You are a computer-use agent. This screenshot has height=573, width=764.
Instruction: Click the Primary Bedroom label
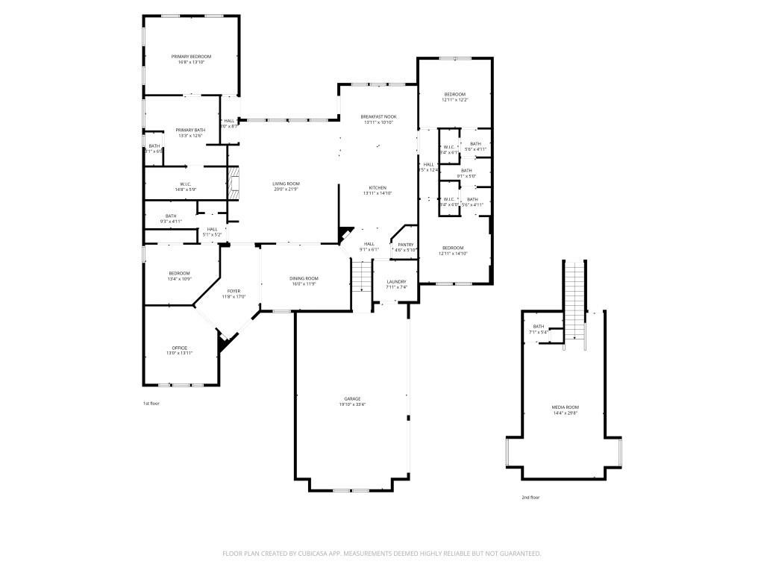coord(191,57)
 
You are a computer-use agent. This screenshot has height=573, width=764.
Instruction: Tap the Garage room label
coord(352,398)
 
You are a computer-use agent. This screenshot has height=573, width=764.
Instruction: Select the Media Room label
coord(565,407)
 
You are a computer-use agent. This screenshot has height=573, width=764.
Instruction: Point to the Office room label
coord(179,348)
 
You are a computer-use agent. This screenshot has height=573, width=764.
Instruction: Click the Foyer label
coord(234,291)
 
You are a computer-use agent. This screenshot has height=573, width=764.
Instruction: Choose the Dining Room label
coord(304,278)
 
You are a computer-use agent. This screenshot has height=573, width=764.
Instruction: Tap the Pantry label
coord(406,244)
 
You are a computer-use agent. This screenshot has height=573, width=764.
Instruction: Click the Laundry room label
coord(396,281)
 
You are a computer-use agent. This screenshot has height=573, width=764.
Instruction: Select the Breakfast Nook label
coord(378,116)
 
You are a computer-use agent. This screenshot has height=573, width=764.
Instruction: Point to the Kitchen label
coord(378,187)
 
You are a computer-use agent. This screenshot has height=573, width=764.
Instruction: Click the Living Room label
coord(286,184)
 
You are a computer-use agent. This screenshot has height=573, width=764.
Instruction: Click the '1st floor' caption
coord(151,404)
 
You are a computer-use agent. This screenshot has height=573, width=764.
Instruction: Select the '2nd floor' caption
coord(530,497)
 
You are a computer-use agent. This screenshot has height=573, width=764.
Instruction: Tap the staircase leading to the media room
coord(574,298)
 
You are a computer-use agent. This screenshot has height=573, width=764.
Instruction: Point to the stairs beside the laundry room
coord(361,281)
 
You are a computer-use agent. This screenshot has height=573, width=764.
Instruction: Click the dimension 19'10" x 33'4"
coord(352,404)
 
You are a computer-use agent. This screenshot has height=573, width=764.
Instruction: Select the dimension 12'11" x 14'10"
coord(453,254)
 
